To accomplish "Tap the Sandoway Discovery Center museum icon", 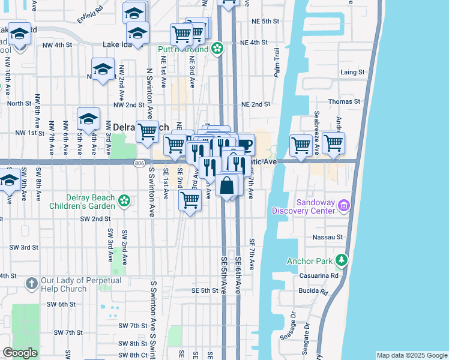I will click(344, 206).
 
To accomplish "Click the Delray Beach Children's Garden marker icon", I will click(124, 200).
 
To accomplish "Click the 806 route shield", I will click(139, 162).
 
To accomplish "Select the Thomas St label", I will click(348, 102).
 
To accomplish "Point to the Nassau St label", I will click(327, 238).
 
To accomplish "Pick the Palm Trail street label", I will click(277, 62).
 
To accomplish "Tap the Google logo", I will click(20, 353).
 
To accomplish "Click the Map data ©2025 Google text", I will click(411, 355).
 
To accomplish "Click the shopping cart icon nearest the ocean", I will click(333, 143).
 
